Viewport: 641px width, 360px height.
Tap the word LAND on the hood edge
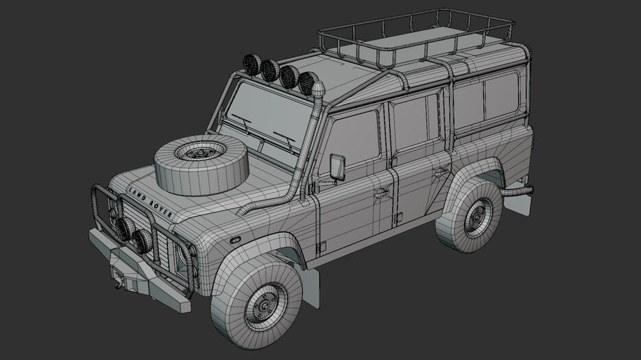(137, 195)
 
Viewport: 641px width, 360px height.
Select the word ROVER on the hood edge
(160, 208)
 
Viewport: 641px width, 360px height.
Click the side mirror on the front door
(337, 167)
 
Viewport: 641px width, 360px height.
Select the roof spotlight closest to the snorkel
(308, 83)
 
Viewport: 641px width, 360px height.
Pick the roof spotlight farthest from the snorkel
(252, 64)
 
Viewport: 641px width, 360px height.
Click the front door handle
(382, 192)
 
